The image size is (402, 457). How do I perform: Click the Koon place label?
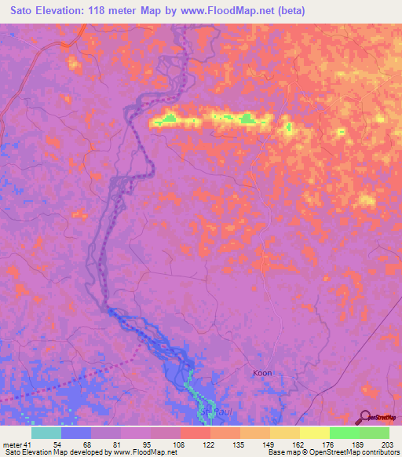click(262, 373)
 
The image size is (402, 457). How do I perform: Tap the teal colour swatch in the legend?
click(46, 433)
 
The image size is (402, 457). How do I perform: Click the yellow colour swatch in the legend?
click(315, 433)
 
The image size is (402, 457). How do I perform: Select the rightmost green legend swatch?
click(375, 433)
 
